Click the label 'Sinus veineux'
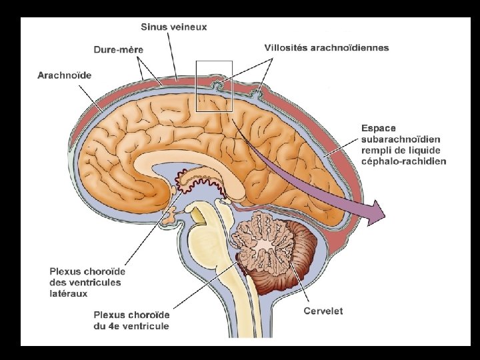(173, 27)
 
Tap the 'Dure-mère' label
(118, 49)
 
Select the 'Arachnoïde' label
(64, 75)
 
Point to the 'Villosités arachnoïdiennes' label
(327, 48)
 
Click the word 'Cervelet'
(323, 311)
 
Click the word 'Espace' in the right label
(379, 127)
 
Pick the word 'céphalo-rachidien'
(403, 161)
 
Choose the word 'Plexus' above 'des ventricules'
(67, 271)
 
